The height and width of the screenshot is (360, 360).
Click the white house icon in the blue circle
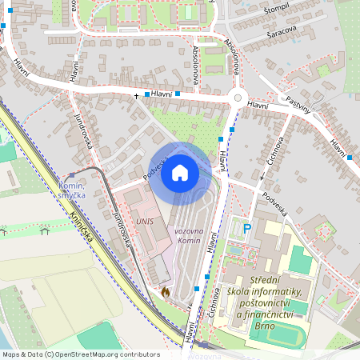180,172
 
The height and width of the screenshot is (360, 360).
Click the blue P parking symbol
247,229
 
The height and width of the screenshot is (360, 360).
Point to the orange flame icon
166,293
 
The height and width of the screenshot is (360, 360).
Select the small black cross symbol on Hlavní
136,97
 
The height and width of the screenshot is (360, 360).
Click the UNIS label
145,220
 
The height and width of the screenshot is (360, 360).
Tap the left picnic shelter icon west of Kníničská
3,231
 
